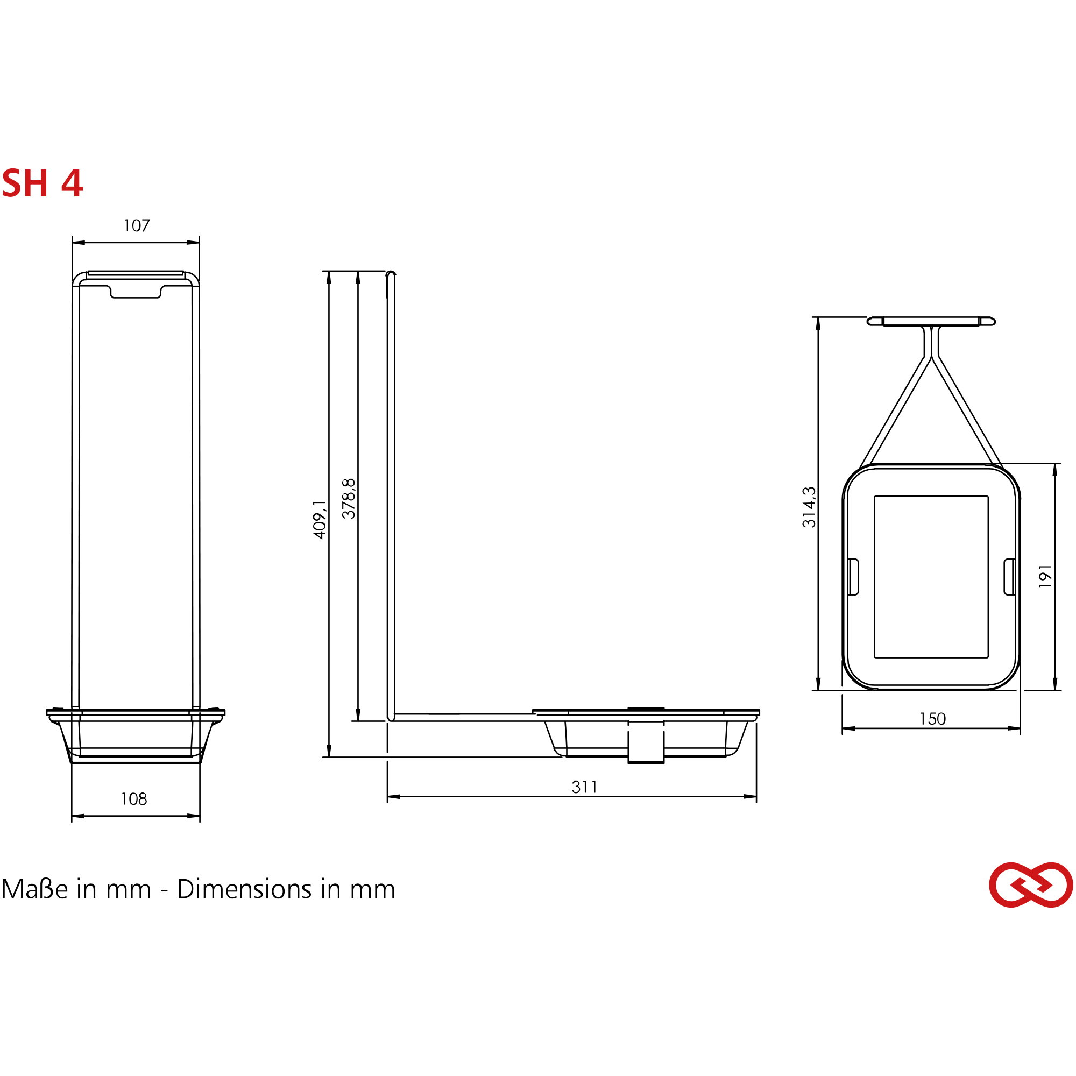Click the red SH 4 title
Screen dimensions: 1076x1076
pyautogui.click(x=43, y=183)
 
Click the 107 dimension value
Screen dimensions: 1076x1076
pyautogui.click(x=137, y=225)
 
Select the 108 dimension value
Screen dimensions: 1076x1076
pyautogui.click(x=134, y=799)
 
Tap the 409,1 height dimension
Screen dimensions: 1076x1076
pyautogui.click(x=319, y=519)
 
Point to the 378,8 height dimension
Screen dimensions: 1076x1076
pyautogui.click(x=349, y=499)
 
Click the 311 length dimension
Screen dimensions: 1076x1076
pyautogui.click(x=584, y=787)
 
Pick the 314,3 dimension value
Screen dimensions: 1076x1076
pyautogui.click(x=809, y=507)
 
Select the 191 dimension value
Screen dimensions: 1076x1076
pyautogui.click(x=1045, y=576)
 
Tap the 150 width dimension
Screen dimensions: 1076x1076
pyautogui.click(x=933, y=719)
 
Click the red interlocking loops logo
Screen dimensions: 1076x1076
pyautogui.click(x=1031, y=885)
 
